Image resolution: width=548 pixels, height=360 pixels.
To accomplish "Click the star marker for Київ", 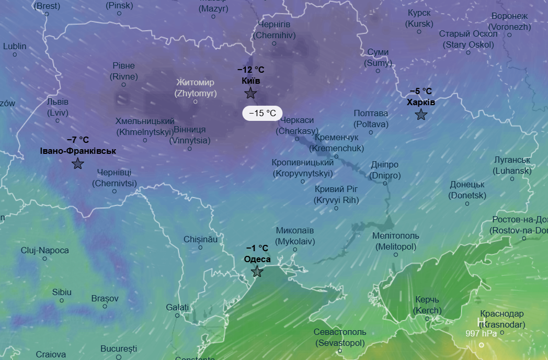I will click(x=250, y=93).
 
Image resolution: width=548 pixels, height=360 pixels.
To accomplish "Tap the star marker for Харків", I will click(x=421, y=115).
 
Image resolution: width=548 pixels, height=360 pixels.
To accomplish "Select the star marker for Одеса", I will click(x=257, y=271).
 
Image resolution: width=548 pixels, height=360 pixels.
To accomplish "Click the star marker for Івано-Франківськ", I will click(x=78, y=163).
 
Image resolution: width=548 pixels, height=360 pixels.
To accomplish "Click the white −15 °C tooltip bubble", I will click(x=262, y=113).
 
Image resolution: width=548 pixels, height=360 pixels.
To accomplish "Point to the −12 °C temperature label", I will click(x=251, y=70).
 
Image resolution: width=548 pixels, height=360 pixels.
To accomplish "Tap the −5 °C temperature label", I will click(x=421, y=91).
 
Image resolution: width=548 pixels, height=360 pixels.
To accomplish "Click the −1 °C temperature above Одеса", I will click(x=257, y=248).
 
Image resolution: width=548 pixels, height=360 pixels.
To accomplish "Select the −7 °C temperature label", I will click(x=78, y=140).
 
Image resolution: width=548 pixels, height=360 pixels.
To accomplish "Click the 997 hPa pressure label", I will click(x=481, y=333).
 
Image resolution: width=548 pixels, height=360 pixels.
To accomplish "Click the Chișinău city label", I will click(x=200, y=239).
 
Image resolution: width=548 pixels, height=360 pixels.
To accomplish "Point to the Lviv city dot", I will click(x=58, y=120).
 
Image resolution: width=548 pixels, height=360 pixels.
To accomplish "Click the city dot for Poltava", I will click(x=371, y=132).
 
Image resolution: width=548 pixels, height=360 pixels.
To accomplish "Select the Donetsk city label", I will click(x=467, y=190).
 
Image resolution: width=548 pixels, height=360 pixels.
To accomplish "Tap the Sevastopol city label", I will click(x=340, y=337).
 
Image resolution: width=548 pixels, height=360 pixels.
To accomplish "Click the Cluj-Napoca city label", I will click(x=45, y=251).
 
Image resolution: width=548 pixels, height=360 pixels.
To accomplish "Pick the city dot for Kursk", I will click(x=419, y=31).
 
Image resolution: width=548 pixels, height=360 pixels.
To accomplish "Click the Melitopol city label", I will click(x=396, y=241).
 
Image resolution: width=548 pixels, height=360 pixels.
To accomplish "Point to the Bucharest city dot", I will click(x=119, y=357).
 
